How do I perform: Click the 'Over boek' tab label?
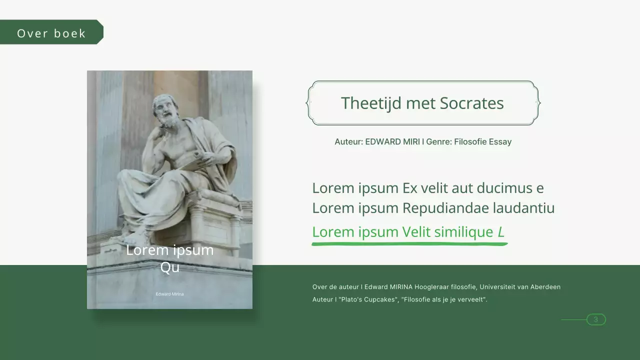pos(51,33)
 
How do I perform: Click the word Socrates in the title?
pos(471,103)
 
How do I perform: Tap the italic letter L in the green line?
pos(501,232)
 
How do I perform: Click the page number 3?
pos(595,319)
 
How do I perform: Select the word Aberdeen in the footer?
pos(543,287)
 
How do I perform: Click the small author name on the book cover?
pos(169,294)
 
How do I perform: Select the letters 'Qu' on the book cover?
pos(169,267)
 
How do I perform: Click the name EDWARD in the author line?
pos(382,142)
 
